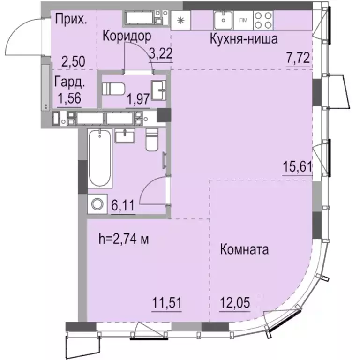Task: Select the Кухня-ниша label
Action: pyautogui.click(x=244, y=39)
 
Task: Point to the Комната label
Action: pyautogui.click(x=244, y=249)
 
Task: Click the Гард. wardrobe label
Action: pyautogui.click(x=70, y=83)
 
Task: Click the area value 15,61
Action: pyautogui.click(x=297, y=166)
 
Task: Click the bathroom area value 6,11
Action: pyautogui.click(x=123, y=205)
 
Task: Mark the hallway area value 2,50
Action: pyautogui.click(x=73, y=61)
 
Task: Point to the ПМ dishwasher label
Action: pyautogui.click(x=243, y=20)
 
